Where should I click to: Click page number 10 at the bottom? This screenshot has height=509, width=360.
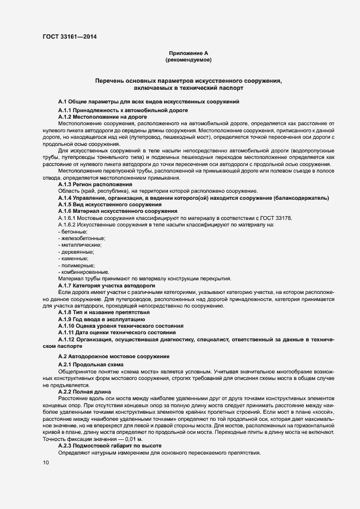pyautogui.click(x=45, y=463)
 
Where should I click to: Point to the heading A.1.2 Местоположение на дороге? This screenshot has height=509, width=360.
pyautogui.click(x=95, y=116)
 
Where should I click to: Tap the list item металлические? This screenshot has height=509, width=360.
pyautogui.click(x=80, y=246)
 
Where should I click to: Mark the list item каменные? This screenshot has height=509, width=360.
pyautogui.click(x=72, y=259)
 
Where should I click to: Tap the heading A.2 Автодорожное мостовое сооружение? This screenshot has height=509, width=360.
pyautogui.click(x=113, y=356)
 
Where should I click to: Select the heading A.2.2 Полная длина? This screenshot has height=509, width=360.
pyautogui.click(x=84, y=391)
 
